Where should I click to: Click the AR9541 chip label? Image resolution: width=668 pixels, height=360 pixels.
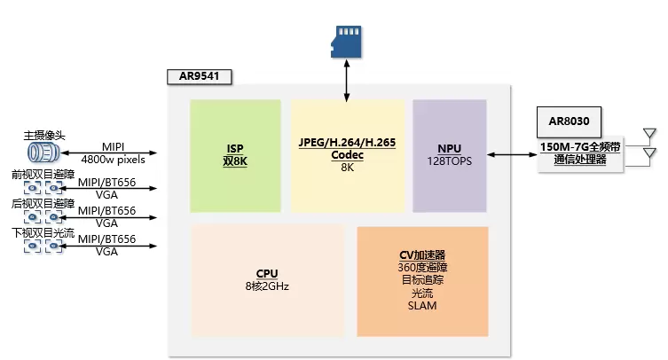(x=199, y=76)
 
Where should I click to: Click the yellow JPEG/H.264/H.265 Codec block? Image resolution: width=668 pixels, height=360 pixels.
(x=347, y=155)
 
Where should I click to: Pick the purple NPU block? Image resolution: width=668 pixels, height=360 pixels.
(x=450, y=155)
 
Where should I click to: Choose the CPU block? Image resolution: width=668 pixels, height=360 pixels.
(x=267, y=280)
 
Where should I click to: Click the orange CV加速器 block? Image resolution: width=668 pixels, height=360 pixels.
(x=422, y=280)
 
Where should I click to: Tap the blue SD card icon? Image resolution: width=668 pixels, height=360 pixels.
(x=347, y=41)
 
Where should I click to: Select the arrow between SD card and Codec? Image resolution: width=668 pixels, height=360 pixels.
(x=347, y=79)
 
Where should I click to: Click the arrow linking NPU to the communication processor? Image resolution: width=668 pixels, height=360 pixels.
(x=512, y=155)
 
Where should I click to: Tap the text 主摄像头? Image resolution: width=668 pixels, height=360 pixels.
(x=44, y=136)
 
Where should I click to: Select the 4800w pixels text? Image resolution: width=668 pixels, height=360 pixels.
(x=113, y=160)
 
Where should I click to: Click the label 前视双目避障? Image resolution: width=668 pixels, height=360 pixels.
(x=42, y=175)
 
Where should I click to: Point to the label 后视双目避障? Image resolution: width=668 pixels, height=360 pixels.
(x=42, y=203)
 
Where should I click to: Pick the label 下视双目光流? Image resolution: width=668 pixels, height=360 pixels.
(x=42, y=232)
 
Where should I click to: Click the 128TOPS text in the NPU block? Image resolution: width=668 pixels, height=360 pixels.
(x=450, y=162)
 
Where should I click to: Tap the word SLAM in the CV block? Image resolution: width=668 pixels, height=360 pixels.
(x=422, y=306)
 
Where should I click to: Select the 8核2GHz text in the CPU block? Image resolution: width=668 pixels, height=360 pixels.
(x=267, y=286)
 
